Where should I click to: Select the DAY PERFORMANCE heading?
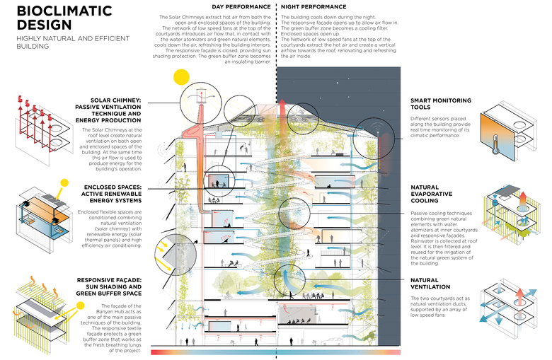tap(237, 6)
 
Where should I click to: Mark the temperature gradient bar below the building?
tap(276, 352)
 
